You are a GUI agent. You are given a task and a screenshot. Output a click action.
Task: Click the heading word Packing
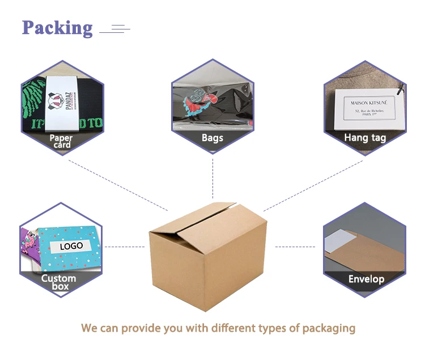[x=57, y=27]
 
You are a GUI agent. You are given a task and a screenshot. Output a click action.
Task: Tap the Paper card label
[x=61, y=141]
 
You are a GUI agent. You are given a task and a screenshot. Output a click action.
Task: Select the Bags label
[x=212, y=138]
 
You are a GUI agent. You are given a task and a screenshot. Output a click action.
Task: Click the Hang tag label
[x=365, y=137]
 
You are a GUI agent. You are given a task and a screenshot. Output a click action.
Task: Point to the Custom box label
[x=58, y=282]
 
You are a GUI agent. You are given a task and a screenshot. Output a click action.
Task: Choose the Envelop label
[x=366, y=279]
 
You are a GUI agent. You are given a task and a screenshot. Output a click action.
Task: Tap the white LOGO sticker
[x=71, y=246]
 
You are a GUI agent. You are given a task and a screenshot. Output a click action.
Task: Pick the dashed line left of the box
[x=125, y=247]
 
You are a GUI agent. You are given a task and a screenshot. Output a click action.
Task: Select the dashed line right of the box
[x=295, y=247]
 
